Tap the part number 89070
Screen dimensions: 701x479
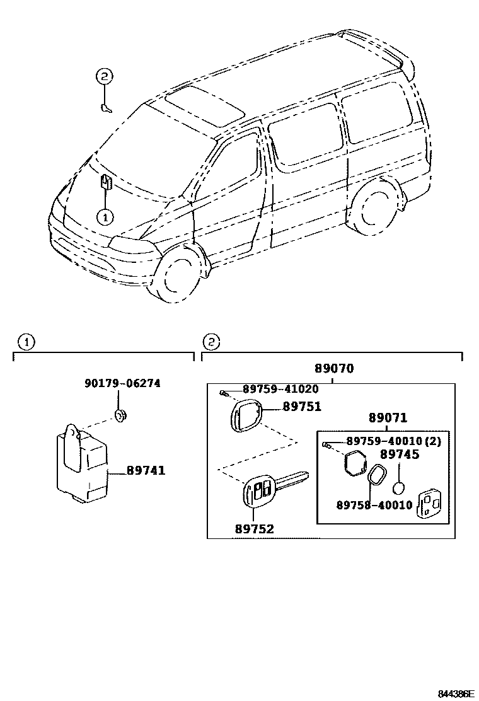334,369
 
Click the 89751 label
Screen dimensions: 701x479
302,407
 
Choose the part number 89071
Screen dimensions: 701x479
388,418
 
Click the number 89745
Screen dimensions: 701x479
399,455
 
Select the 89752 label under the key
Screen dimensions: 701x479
254,529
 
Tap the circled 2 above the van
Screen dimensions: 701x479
104,77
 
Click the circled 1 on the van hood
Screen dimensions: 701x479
105,216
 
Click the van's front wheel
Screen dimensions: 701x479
181,278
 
